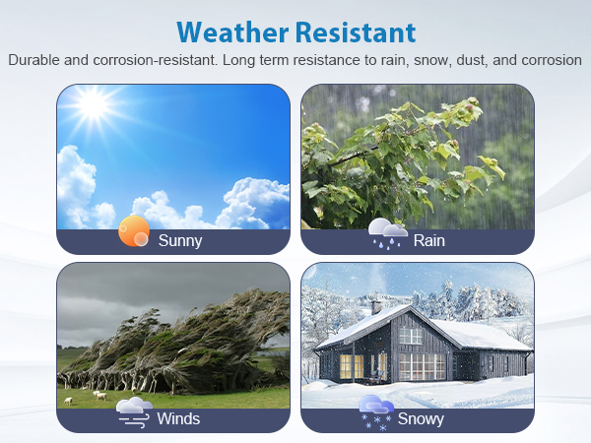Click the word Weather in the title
232,32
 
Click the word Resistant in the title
356,32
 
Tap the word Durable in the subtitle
33,60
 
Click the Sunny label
180,241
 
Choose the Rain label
428,241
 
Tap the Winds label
178,419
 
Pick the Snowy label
421,419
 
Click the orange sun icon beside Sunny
134,231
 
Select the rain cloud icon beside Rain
387,233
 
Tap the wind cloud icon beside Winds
135,412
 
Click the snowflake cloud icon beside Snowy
376,412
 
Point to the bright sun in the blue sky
94,102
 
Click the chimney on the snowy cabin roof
376,307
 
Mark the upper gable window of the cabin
411,336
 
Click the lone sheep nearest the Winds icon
68,402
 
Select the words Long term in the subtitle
255,60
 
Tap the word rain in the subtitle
395,60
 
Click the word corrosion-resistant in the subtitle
156,60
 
